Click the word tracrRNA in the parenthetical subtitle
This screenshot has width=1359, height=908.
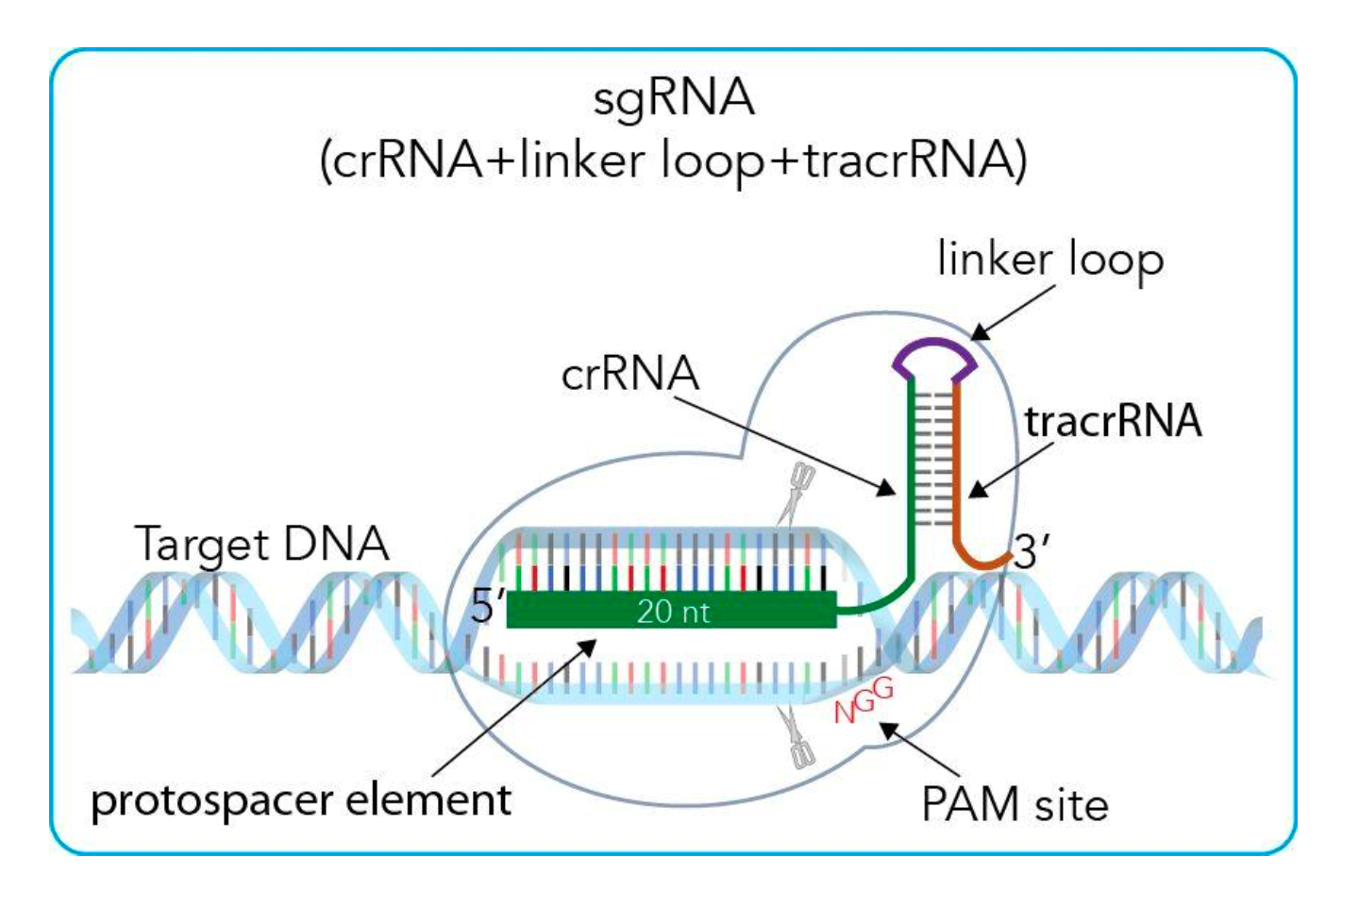click(911, 160)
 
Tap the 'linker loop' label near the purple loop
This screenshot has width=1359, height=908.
click(1049, 260)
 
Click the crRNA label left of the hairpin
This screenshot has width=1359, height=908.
click(629, 374)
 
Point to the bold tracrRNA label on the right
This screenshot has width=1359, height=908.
click(1113, 421)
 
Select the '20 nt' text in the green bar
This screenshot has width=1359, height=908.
click(673, 612)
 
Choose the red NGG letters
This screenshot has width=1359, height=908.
click(863, 700)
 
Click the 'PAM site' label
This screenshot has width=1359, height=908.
click(1015, 805)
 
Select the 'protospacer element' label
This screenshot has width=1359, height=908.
click(301, 800)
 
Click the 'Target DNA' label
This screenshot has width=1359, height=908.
click(261, 544)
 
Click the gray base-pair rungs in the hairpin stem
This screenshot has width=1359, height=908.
click(933, 453)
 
